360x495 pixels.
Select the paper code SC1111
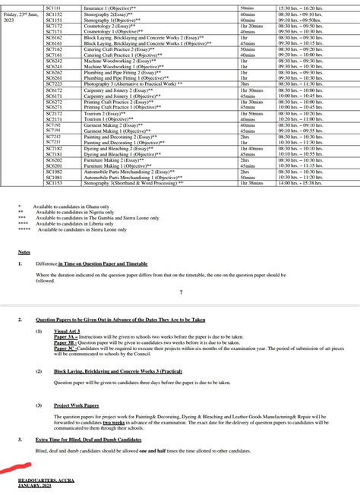(x=54, y=6)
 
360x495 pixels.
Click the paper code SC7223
(x=54, y=84)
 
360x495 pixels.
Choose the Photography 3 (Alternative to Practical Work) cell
(x=133, y=84)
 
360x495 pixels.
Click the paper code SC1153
(x=54, y=183)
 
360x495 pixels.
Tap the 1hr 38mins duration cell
(x=252, y=183)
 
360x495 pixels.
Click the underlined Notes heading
(x=24, y=251)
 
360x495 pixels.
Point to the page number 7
(x=181, y=292)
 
